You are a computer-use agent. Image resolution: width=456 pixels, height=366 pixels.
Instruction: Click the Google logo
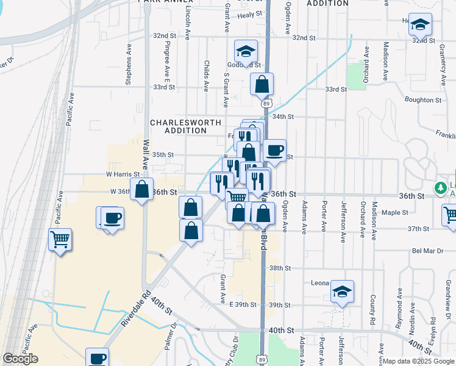coord(21,359)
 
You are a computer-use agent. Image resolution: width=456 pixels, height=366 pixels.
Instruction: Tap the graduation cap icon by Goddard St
coord(246,51)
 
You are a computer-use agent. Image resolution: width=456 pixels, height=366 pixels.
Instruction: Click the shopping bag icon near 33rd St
coord(262,84)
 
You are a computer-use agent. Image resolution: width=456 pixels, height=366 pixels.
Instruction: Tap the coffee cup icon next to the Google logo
coord(97,358)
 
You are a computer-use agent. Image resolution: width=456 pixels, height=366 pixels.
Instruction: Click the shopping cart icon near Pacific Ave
coord(60,240)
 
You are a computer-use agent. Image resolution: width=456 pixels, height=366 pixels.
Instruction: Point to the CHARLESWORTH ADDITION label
coord(179,126)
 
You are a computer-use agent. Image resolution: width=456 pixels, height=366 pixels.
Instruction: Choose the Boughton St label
coord(422,99)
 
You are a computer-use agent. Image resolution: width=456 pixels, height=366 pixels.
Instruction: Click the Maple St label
coord(396,212)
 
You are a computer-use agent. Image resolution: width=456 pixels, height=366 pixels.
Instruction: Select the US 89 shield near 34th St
coord(266,104)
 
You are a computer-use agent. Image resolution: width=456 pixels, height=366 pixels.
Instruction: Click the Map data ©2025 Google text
coord(418,361)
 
